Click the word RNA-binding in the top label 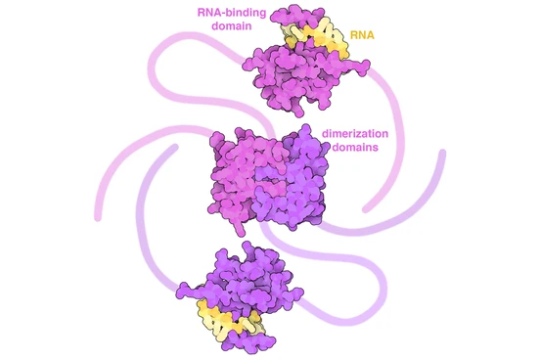(x=232, y=13)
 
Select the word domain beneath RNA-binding (x=232, y=25)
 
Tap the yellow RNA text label (x=362, y=35)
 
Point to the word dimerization (x=355, y=133)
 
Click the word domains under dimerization (x=356, y=147)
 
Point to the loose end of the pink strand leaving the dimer (x=98, y=217)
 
